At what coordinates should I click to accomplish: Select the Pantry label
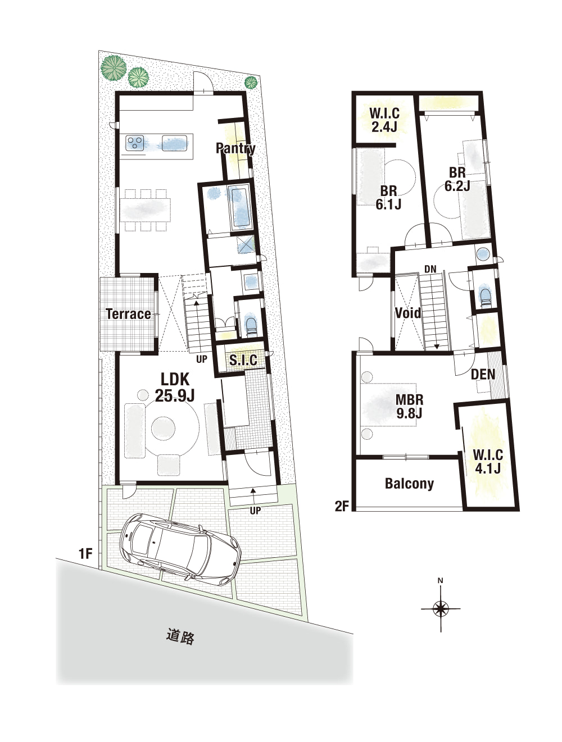(x=235, y=148)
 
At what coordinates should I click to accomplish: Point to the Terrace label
(x=129, y=314)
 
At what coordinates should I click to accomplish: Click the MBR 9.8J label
(x=409, y=407)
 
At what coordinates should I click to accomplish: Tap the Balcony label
(x=409, y=484)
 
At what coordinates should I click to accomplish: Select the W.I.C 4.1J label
(x=488, y=462)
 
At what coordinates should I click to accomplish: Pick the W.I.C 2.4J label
(x=384, y=120)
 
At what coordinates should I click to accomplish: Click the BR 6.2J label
(x=457, y=179)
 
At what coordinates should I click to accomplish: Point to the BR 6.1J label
(x=388, y=198)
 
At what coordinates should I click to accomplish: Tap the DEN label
(x=483, y=374)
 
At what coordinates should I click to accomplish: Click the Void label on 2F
(x=408, y=313)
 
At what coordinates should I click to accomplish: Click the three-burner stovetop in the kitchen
(x=135, y=143)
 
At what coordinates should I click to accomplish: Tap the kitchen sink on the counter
(x=174, y=143)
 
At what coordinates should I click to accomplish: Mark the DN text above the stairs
(x=430, y=269)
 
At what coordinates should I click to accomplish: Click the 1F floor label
(x=85, y=554)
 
